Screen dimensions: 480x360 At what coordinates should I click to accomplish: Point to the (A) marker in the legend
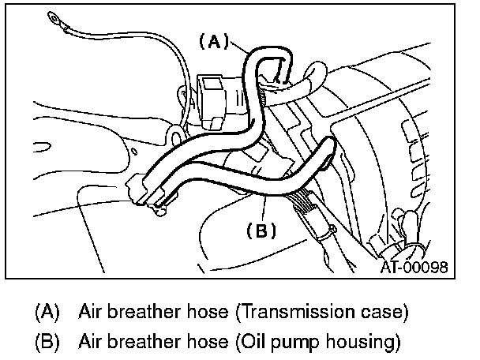47,311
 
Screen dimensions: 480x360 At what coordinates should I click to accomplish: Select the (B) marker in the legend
47,342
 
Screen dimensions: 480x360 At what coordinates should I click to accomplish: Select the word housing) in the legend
356,343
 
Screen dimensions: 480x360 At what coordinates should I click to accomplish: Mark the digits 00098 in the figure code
426,267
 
